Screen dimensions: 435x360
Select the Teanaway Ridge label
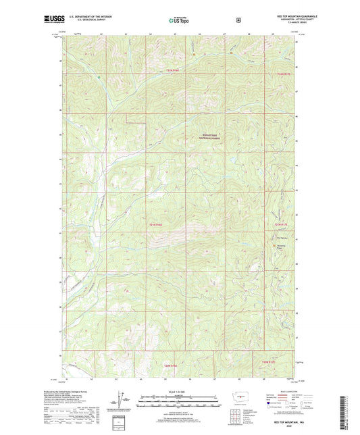point(282,247)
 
